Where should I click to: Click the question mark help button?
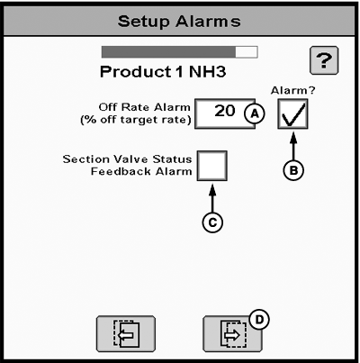(x=324, y=60)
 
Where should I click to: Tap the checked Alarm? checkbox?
(x=292, y=114)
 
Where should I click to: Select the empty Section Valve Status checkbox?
(x=212, y=166)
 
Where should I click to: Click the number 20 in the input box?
(x=225, y=111)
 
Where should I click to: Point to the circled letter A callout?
(x=255, y=113)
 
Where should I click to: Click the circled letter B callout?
(x=293, y=170)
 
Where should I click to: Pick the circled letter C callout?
(x=212, y=222)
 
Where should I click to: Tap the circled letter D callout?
(x=259, y=320)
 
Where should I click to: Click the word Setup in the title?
(x=143, y=22)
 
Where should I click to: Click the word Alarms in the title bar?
(x=208, y=22)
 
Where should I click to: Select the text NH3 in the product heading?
(x=208, y=72)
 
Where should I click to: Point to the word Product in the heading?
(x=136, y=72)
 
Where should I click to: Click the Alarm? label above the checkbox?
(x=293, y=90)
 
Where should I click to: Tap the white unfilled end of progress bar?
(x=247, y=52)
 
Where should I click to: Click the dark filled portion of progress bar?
(x=169, y=52)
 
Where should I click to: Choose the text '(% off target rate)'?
(x=136, y=120)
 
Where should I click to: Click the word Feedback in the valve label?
(x=121, y=171)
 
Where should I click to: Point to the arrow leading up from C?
(x=212, y=199)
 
